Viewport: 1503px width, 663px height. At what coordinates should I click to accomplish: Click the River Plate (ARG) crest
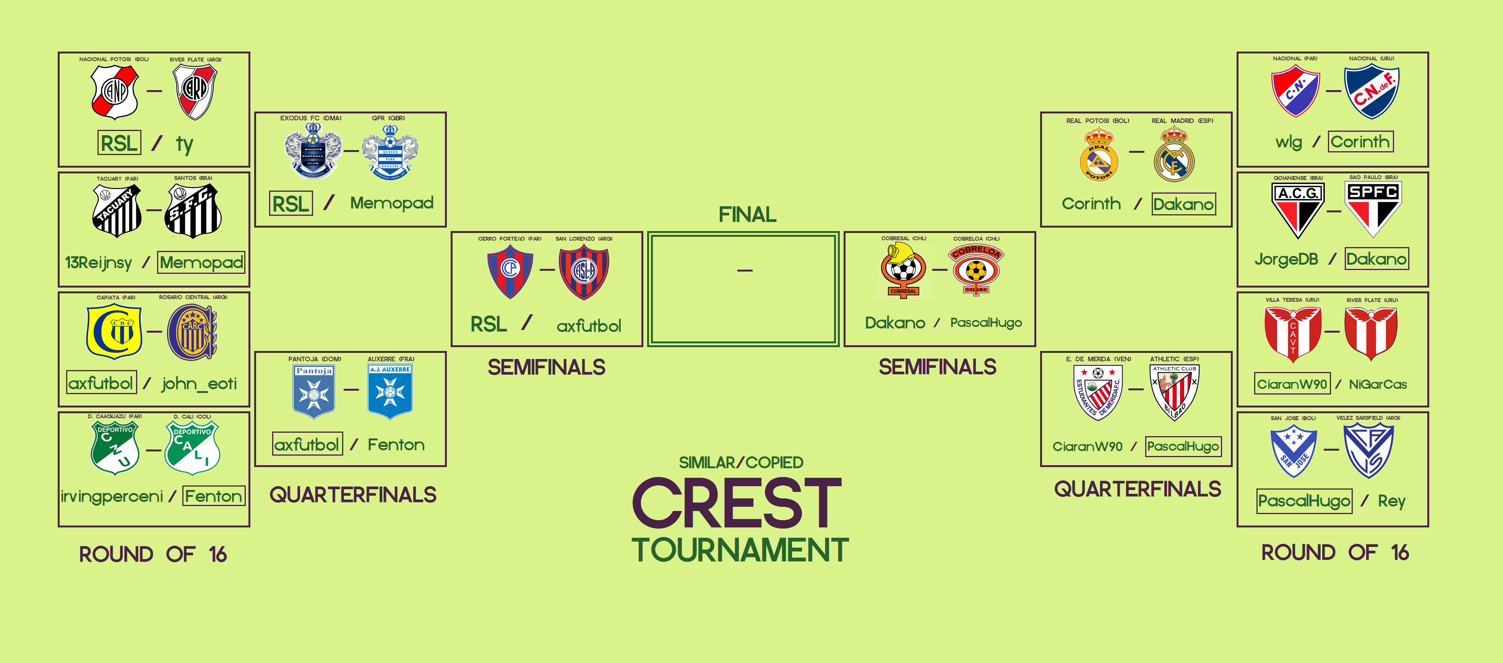tap(195, 92)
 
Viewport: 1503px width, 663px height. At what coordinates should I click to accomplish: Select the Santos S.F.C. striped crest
tap(193, 211)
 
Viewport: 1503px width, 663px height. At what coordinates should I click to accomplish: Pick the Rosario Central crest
tap(192, 332)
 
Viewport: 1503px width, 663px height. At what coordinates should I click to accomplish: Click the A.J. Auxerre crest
tap(390, 391)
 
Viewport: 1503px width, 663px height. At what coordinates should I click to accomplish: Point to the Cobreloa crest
tap(976, 269)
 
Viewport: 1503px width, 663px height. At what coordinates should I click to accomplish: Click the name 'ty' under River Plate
tap(184, 144)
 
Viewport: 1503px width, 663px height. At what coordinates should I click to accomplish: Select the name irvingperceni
tap(112, 496)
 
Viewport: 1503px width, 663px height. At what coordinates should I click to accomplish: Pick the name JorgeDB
tap(1286, 259)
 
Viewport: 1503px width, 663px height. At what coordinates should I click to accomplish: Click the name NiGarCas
tap(1378, 384)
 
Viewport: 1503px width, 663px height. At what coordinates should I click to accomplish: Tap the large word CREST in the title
tap(737, 503)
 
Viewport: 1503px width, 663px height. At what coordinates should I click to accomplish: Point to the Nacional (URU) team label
tap(1371, 58)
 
